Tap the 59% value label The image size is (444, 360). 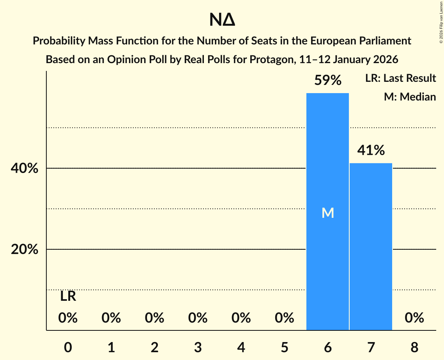[328, 81]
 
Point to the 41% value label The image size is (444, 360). [371, 150]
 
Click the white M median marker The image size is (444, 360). [328, 213]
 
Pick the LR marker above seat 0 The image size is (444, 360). [68, 296]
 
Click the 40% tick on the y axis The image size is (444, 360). [24, 169]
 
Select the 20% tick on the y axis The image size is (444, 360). [24, 249]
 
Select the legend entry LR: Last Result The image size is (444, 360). [400, 78]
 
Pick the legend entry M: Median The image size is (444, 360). [410, 97]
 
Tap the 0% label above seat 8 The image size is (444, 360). [414, 318]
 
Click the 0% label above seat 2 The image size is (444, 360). [154, 318]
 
